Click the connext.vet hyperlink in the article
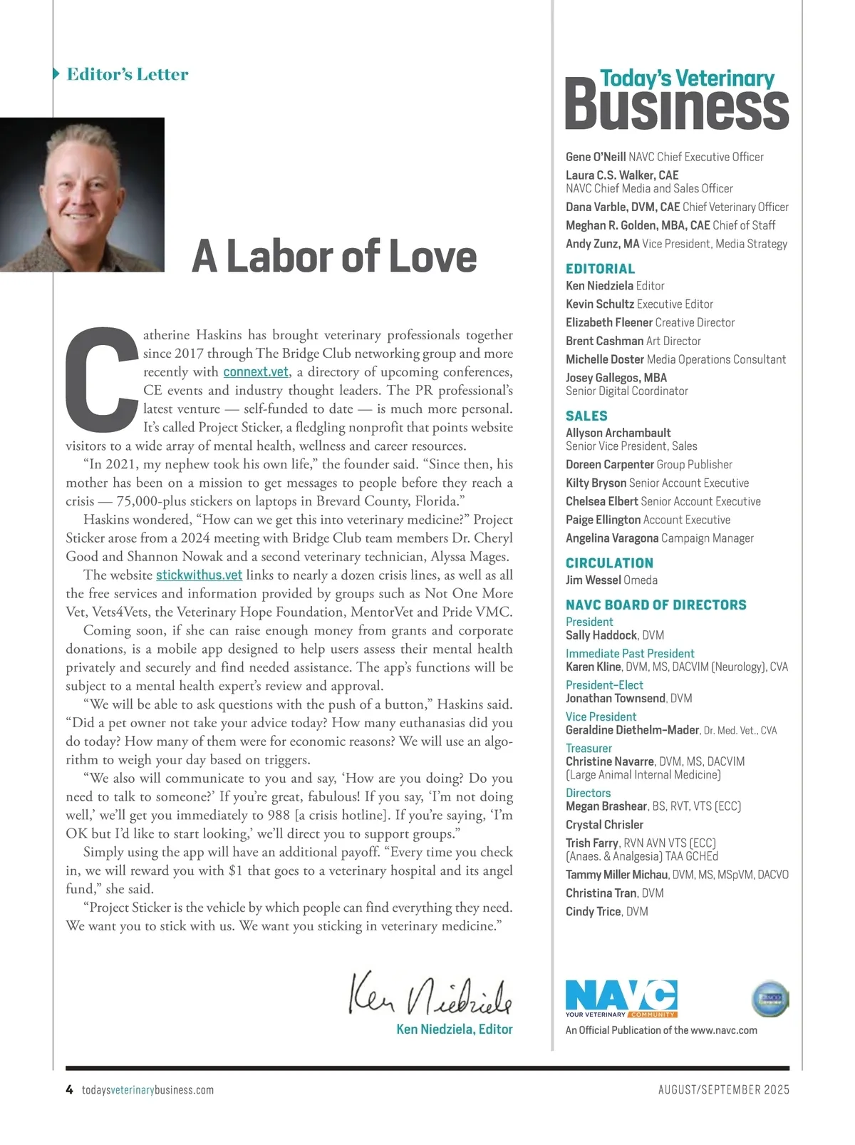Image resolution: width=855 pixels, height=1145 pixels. pyautogui.click(x=256, y=372)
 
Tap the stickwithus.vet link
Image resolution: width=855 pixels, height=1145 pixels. pyautogui.click(x=199, y=575)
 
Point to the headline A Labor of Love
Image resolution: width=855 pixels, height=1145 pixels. pyautogui.click(x=334, y=256)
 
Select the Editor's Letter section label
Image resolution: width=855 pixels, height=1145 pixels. pyautogui.click(x=127, y=74)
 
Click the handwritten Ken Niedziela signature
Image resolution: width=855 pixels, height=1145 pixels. pyautogui.click(x=430, y=993)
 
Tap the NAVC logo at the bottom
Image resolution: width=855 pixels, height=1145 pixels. pyautogui.click(x=621, y=998)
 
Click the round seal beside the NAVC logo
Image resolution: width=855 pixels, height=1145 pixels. pyautogui.click(x=770, y=998)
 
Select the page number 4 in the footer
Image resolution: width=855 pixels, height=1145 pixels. pyautogui.click(x=69, y=1089)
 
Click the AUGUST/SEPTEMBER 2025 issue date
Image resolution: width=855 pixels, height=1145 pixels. pyautogui.click(x=723, y=1089)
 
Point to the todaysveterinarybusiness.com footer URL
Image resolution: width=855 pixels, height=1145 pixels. pyautogui.click(x=147, y=1089)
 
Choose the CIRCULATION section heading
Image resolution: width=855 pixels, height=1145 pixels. pyautogui.click(x=609, y=563)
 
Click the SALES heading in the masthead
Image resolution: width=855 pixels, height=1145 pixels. pyautogui.click(x=586, y=416)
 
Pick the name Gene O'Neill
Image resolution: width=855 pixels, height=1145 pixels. pyautogui.click(x=596, y=157)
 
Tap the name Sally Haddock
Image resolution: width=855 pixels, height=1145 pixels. pyautogui.click(x=601, y=635)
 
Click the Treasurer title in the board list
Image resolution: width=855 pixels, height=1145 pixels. pyautogui.click(x=589, y=748)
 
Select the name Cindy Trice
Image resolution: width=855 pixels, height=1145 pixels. pyautogui.click(x=593, y=912)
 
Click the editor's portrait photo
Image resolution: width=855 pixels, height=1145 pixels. pyautogui.click(x=82, y=195)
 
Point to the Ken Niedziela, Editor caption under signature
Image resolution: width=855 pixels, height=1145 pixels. pyautogui.click(x=455, y=1029)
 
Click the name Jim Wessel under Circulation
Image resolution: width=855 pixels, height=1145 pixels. pyautogui.click(x=593, y=580)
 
